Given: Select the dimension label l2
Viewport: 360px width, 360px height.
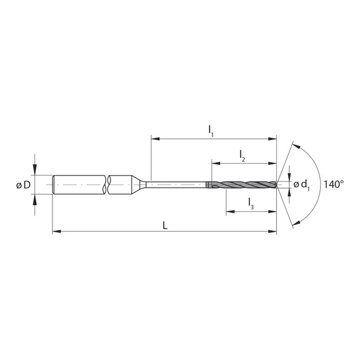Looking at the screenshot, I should coord(242,156).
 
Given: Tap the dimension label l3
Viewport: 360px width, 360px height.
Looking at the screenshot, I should coord(250,202).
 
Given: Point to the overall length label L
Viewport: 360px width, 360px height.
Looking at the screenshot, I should coord(165,225).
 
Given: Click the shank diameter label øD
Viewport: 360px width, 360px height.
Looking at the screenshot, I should coord(23,184).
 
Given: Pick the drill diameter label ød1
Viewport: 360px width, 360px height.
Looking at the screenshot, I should coord(302,184).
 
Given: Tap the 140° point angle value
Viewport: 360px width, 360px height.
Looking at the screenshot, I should coord(334,184).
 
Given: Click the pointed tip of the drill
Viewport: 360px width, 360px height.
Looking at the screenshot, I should coord(276,184).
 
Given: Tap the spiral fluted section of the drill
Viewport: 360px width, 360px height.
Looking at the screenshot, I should coord(244,184).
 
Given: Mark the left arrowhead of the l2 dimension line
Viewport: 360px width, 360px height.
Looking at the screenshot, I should coord(215,163).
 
